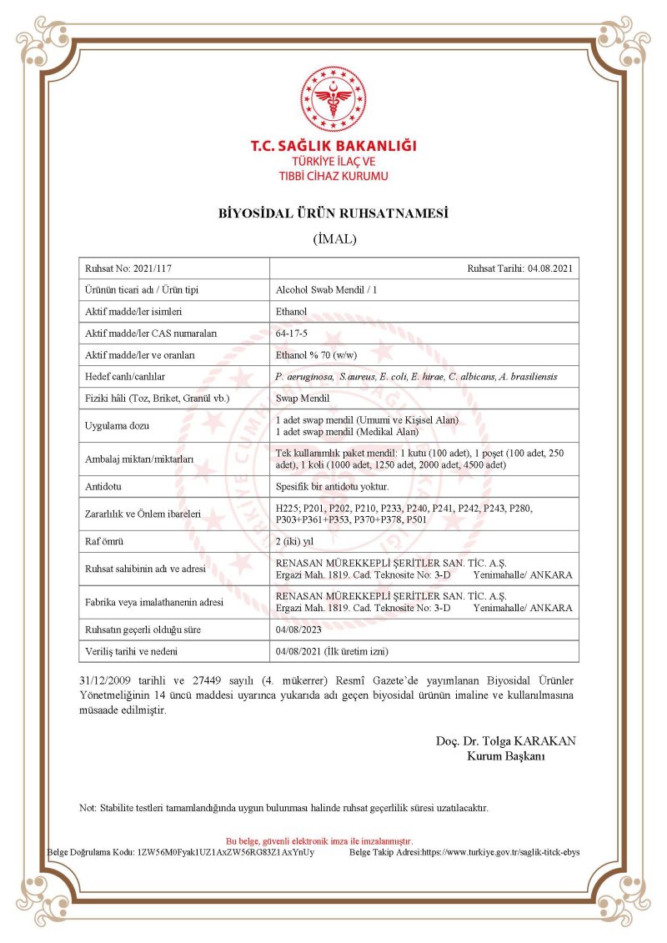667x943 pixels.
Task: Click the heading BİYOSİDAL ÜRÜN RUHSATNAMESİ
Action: (x=333, y=213)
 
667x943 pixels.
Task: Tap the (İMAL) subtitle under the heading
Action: (x=333, y=239)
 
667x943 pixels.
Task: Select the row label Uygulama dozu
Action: (x=117, y=425)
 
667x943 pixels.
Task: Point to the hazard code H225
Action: (x=287, y=508)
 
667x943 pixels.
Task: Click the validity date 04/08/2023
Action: (x=298, y=630)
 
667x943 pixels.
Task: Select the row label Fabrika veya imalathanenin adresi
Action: (x=156, y=601)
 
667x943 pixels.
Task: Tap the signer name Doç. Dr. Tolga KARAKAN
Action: (x=505, y=741)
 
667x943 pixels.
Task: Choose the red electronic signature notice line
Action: (x=319, y=841)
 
